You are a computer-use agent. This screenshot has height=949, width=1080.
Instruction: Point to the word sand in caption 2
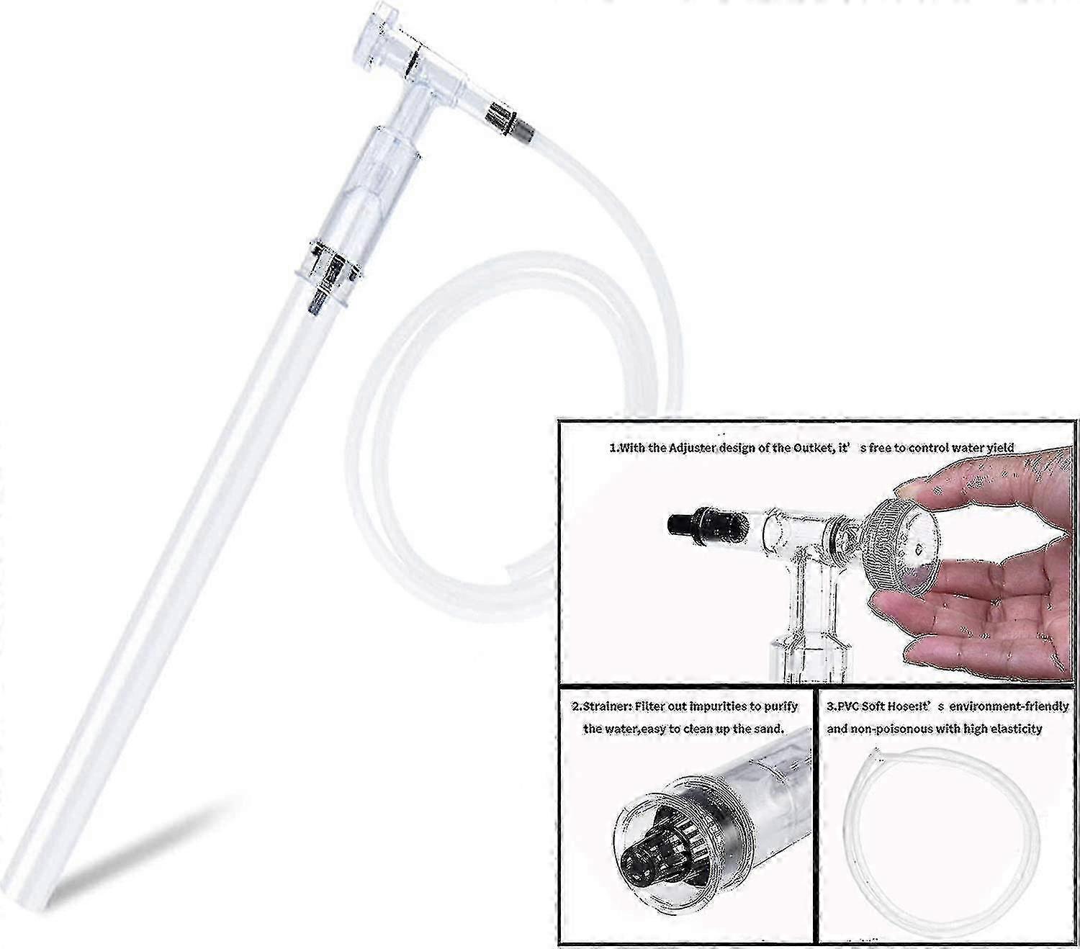click(771, 728)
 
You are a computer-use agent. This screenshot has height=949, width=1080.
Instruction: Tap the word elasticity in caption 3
click(1015, 728)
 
